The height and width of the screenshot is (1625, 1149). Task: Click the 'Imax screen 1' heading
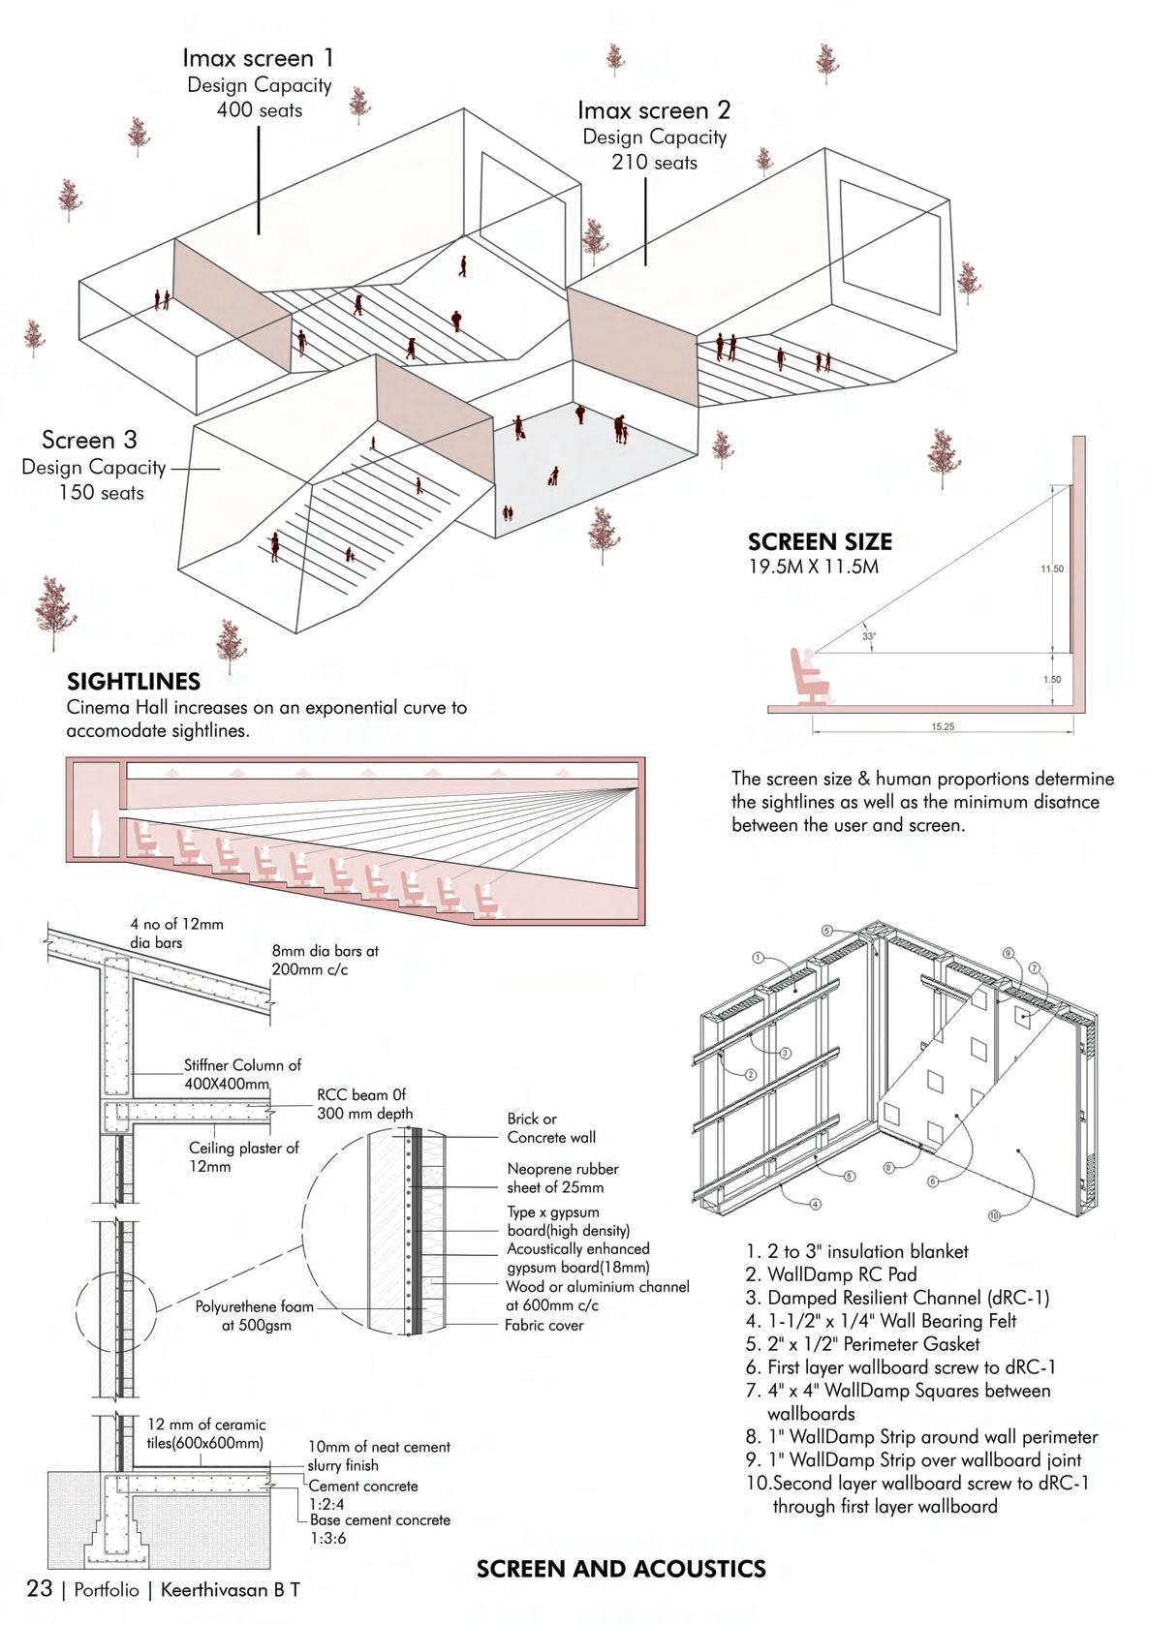(258, 59)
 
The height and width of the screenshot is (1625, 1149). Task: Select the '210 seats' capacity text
(654, 163)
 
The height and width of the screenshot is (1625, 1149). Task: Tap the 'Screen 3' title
(89, 441)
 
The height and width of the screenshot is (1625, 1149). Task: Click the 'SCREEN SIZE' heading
(820, 542)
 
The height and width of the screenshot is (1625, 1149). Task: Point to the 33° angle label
(869, 636)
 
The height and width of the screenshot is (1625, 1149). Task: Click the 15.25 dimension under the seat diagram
(943, 726)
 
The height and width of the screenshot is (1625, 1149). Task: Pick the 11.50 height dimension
(1052, 568)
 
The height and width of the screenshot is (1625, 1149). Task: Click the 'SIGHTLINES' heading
(134, 682)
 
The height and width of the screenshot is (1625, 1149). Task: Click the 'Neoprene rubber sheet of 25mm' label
(563, 1178)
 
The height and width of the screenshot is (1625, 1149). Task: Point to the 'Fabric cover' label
(543, 1325)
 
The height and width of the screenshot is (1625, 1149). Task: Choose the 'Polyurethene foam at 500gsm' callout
(255, 1315)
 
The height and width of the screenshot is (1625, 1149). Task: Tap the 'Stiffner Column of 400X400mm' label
(242, 1074)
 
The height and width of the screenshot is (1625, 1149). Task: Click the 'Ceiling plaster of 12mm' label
(243, 1156)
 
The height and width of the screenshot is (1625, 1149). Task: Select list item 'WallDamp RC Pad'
(841, 1274)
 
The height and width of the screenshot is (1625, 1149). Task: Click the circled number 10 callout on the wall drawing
(994, 1215)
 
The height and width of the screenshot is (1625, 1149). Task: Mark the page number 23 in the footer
(40, 1589)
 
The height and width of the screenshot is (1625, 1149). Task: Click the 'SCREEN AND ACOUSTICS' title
(621, 1569)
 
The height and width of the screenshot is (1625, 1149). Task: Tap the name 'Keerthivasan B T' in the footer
(231, 1590)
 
